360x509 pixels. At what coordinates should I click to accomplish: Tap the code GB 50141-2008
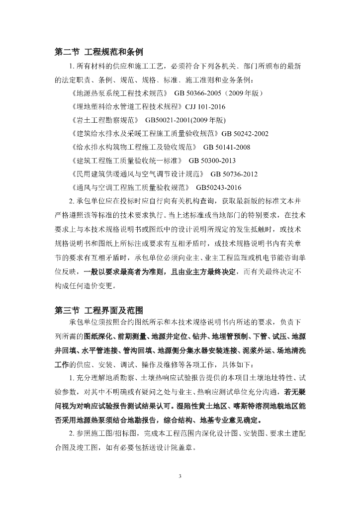(226, 147)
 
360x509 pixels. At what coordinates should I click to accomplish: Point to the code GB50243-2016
(219, 187)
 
